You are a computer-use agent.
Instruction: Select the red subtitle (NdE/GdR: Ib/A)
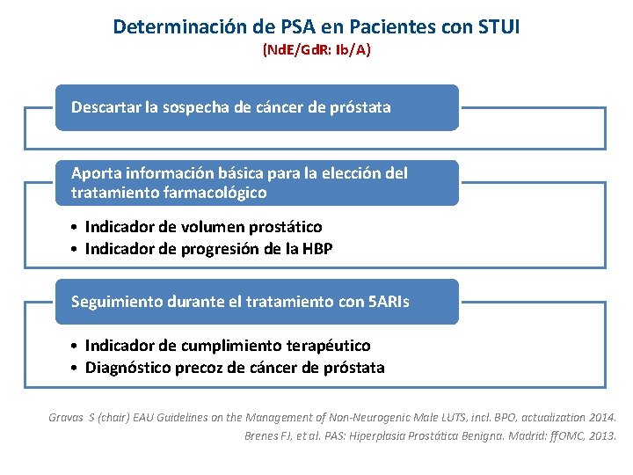[316, 50]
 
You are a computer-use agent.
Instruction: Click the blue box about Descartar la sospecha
[257, 107]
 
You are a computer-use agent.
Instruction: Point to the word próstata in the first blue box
[360, 107]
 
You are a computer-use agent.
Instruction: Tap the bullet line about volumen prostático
[203, 227]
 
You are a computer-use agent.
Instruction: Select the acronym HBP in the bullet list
[317, 249]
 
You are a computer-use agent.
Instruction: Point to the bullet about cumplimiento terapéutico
[228, 346]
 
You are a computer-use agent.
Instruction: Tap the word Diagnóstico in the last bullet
[127, 368]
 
